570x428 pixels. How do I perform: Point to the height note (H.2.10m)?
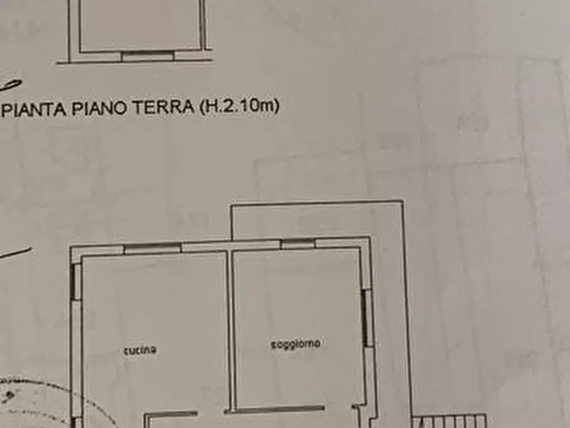[239, 106]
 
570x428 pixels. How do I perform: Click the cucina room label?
[140, 349]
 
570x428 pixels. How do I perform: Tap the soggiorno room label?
[295, 344]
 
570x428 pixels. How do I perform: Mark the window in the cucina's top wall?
[152, 248]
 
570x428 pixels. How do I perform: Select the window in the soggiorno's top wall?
[297, 243]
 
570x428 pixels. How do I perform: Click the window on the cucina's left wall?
[75, 281]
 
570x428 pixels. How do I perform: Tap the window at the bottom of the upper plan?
[147, 56]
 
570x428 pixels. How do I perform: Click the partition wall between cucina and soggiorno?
[230, 329]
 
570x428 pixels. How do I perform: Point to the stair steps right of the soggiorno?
[450, 421]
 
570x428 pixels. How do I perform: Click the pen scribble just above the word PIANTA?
[11, 85]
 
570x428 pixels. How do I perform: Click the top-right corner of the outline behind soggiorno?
[402, 203]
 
